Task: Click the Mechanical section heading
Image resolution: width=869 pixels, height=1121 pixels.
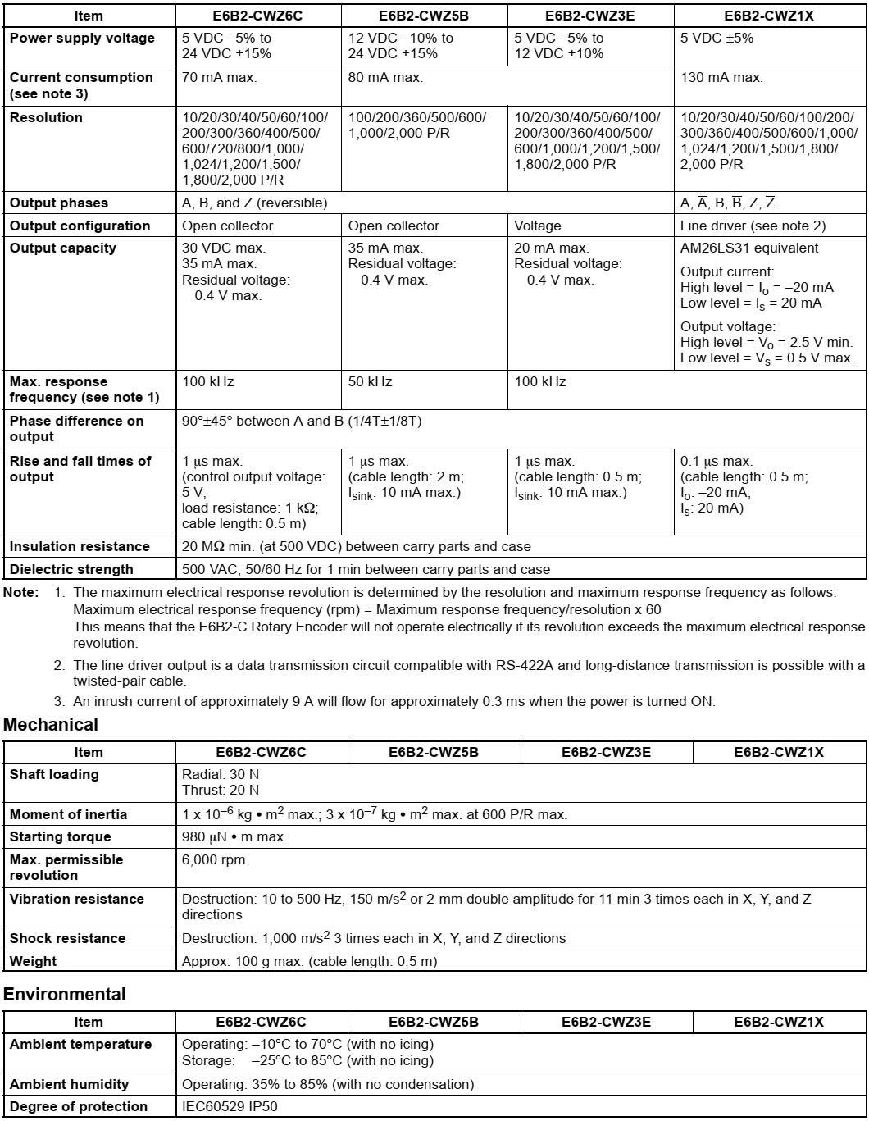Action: (51, 725)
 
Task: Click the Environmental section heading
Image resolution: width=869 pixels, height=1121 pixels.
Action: (65, 995)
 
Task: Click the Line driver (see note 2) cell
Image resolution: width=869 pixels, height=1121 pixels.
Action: (753, 226)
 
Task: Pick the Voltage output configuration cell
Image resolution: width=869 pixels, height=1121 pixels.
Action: (538, 226)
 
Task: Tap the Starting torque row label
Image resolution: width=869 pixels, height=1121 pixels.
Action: (60, 837)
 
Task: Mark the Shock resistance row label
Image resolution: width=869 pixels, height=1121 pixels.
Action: (67, 938)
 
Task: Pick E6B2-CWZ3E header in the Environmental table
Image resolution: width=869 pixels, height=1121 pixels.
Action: (606, 1022)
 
